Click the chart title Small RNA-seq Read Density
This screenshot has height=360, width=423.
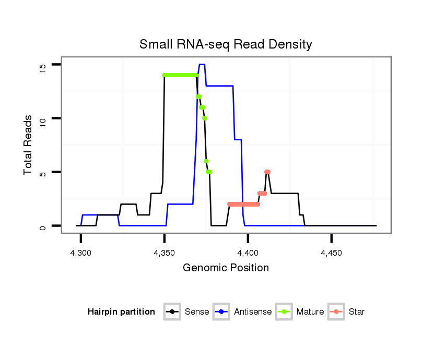coord(226,44)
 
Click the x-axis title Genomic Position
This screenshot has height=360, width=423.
coord(226,268)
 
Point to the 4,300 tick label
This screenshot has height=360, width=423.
coord(80,253)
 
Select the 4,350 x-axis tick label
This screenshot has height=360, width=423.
coord(164,253)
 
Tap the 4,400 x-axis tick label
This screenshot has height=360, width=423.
coord(248,253)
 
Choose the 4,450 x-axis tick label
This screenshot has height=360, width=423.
coord(331,253)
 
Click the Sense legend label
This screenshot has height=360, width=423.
coord(197,312)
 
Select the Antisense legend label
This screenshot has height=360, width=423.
coord(253,312)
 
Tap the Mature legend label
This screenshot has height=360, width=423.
coord(310,312)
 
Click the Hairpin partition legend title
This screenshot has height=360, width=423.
coord(121,312)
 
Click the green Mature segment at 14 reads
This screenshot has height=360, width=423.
coord(180,75)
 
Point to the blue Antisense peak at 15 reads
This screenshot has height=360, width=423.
coord(202,64)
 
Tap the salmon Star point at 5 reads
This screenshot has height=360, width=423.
coord(267,172)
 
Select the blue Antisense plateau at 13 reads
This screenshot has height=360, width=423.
coord(219,86)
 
